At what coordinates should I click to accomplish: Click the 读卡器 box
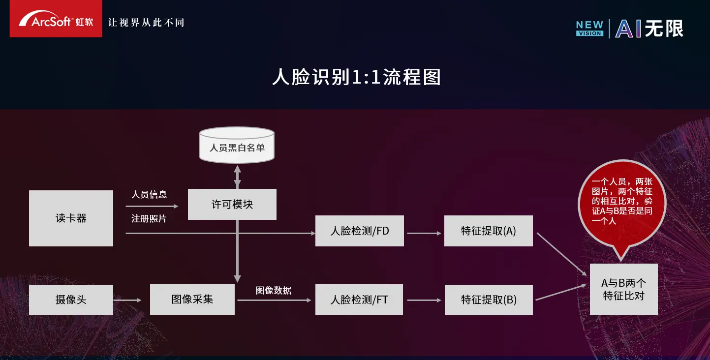71,218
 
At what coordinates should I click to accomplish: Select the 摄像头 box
71,300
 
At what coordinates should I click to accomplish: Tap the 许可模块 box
232,204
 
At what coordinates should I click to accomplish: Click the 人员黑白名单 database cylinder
237,146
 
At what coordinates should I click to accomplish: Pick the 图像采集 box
192,300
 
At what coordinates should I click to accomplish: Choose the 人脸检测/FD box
359,231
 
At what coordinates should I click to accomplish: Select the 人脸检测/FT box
359,300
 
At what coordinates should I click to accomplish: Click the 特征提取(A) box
488,231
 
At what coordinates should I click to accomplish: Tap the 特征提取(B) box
488,300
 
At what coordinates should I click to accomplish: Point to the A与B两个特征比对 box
623,289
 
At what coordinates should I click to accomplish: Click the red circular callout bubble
622,202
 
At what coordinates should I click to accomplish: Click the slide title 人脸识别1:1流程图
356,78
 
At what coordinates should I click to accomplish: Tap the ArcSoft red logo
56,19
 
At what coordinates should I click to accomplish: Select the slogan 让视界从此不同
146,23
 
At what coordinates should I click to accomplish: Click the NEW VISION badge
589,29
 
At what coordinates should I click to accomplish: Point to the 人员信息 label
149,195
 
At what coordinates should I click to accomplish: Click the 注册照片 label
149,219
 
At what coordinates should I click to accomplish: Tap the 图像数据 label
274,290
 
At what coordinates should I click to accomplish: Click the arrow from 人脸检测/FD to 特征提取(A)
424,234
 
